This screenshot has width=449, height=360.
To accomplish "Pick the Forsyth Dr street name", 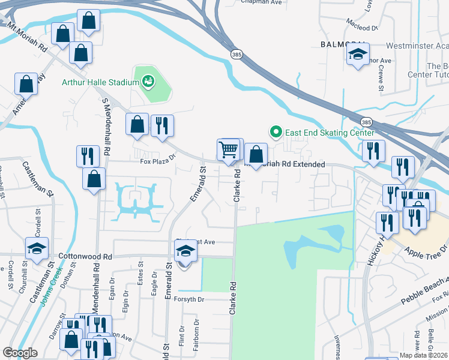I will pos(190,299).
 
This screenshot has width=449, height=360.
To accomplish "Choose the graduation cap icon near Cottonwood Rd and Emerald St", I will pos(186,250).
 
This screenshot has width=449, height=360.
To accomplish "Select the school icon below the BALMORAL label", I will pos(358,55).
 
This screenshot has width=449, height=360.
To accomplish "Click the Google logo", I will pos(20,353).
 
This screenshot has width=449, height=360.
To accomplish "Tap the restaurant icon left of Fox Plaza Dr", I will pos(88,156).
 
